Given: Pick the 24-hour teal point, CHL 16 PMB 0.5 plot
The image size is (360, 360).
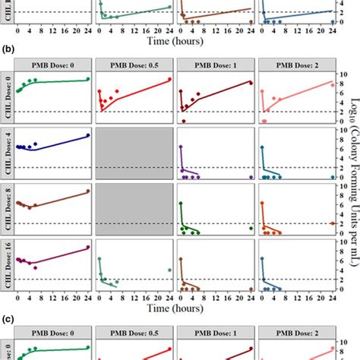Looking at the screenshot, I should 169,270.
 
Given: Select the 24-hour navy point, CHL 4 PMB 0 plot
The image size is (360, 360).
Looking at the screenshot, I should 88,135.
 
